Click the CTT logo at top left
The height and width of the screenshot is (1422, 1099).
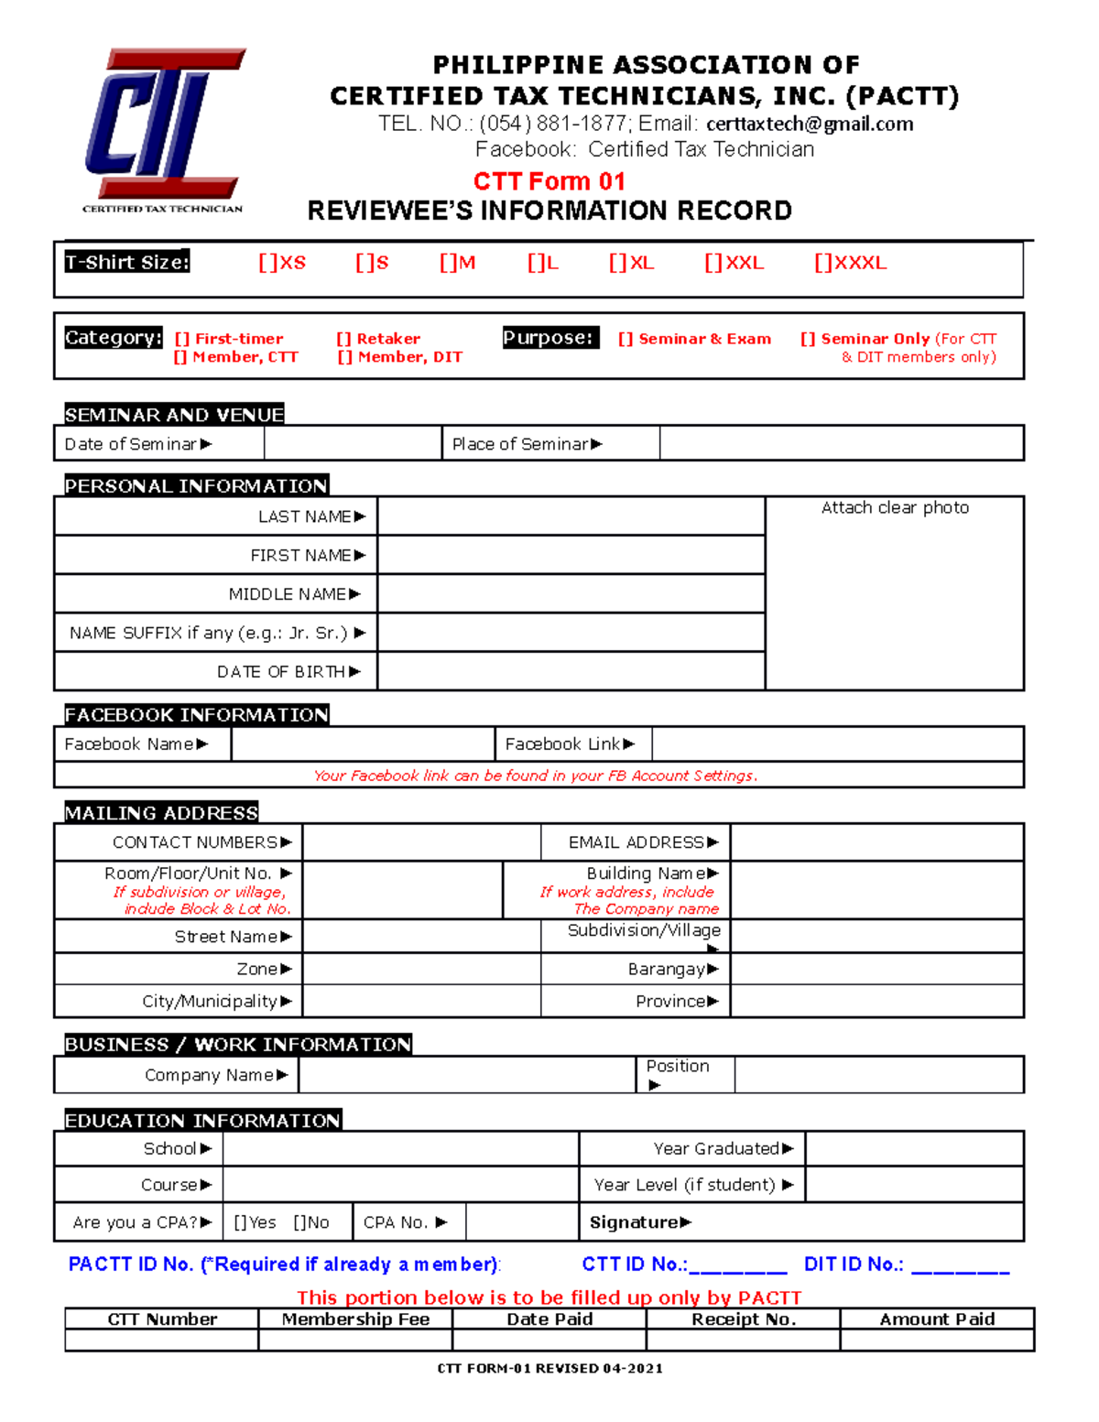[x=164, y=128]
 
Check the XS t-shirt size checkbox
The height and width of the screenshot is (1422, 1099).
[x=267, y=263]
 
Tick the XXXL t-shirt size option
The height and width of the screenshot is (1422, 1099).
[x=822, y=263]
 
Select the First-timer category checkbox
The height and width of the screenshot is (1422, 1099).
[x=181, y=339]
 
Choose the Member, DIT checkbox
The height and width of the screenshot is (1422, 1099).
[x=344, y=357]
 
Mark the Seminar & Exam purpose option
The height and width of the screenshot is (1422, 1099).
[x=625, y=339]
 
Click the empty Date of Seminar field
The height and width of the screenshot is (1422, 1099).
[x=353, y=444]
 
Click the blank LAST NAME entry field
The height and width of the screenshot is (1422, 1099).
[x=571, y=516]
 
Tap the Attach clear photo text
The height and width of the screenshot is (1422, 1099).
[x=895, y=507]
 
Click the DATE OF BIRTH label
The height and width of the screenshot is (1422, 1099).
[x=281, y=672]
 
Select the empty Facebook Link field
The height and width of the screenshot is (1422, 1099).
[x=837, y=744]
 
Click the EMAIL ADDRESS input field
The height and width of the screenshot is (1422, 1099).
[x=876, y=842]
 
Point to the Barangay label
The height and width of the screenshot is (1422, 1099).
[x=666, y=969]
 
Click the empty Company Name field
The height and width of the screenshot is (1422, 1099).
[x=466, y=1075]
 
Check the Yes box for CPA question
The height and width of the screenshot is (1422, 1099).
[x=240, y=1222]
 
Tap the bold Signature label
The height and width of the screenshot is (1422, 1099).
[x=634, y=1222]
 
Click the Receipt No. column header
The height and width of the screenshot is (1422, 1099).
[x=743, y=1319]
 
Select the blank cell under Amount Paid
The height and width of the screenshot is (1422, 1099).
[x=936, y=1340]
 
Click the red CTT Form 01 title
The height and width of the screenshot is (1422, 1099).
[x=549, y=181]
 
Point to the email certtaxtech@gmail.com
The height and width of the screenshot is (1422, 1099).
[x=810, y=124]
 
